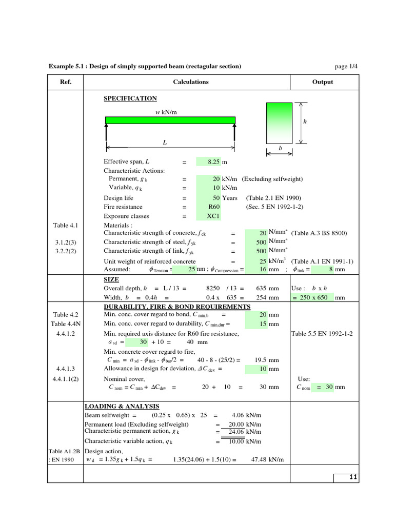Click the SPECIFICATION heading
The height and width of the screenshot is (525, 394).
(130, 98)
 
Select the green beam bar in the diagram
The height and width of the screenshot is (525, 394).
(170, 120)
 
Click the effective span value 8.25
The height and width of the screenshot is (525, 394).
(213, 161)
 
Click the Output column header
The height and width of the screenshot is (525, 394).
(322, 82)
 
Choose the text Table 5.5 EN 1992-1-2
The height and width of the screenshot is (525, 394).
(322, 334)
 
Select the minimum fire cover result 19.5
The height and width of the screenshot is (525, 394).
(260, 360)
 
